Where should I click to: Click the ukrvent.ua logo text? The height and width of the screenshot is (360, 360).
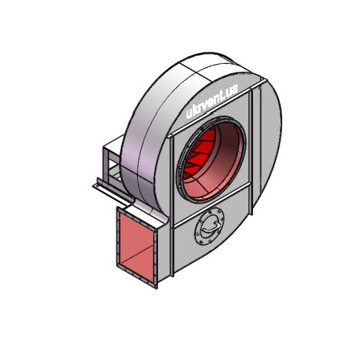tap(211, 101)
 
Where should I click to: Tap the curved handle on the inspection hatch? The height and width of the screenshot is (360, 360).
tap(210, 228)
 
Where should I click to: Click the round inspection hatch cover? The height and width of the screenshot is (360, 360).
tap(209, 226)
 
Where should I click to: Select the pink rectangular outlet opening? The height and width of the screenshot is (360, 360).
tap(136, 247)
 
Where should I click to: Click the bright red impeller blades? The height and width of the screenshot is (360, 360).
tap(198, 152)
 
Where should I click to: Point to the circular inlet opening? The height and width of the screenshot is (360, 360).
tap(212, 159)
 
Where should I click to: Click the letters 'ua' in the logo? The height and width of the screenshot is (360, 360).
tap(232, 91)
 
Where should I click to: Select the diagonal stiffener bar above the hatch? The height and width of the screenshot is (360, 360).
tap(211, 205)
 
